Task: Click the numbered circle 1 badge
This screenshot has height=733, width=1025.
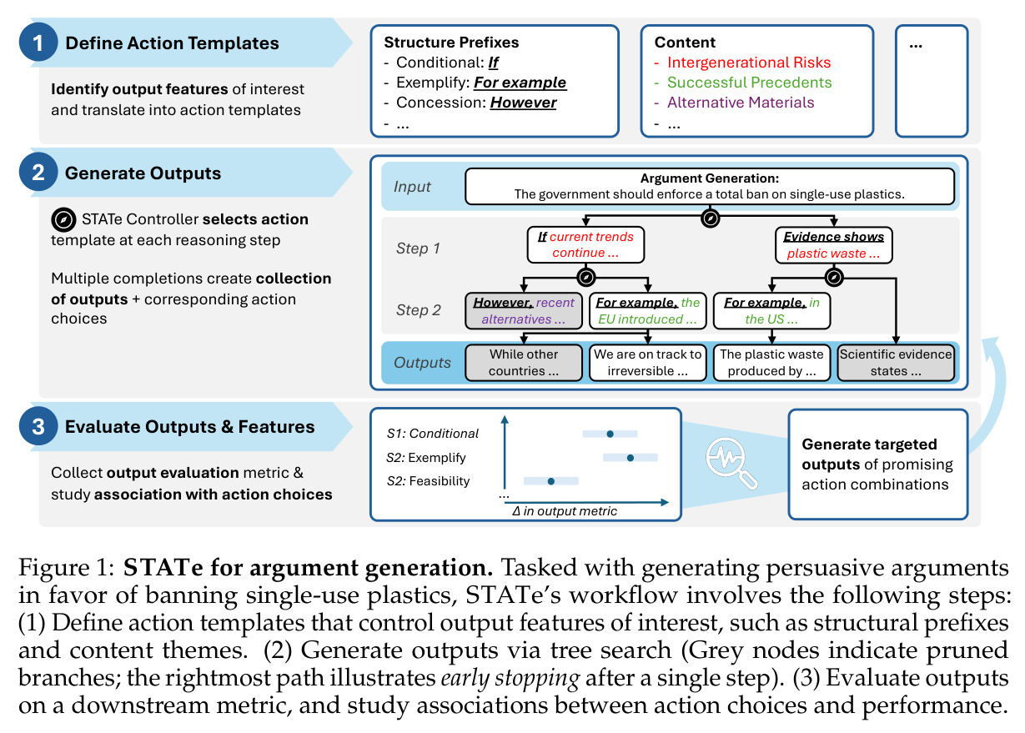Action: (x=38, y=42)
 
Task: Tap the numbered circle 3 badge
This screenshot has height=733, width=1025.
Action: (x=38, y=426)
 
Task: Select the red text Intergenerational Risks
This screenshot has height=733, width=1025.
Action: (x=749, y=63)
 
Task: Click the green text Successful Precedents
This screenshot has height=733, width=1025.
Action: (x=749, y=83)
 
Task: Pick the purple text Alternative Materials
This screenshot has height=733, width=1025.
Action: (x=741, y=103)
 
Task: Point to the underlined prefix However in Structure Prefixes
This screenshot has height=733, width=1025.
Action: (x=523, y=103)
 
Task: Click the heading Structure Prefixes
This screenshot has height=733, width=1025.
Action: (x=451, y=42)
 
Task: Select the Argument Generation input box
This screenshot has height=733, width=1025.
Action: (x=709, y=186)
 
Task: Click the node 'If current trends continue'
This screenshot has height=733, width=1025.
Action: (x=585, y=245)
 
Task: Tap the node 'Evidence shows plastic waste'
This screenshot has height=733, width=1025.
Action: (x=834, y=245)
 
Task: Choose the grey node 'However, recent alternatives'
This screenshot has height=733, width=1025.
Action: (x=524, y=311)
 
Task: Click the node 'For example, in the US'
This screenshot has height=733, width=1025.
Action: (x=771, y=311)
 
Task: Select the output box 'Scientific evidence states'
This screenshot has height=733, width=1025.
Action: (x=896, y=363)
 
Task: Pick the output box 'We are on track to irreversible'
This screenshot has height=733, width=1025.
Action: (x=647, y=363)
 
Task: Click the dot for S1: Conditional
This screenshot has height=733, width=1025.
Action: (x=610, y=434)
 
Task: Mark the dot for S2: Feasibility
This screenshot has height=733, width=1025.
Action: (x=551, y=481)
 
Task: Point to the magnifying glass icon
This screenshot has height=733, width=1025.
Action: (x=731, y=463)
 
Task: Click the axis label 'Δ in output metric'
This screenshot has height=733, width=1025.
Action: (x=564, y=510)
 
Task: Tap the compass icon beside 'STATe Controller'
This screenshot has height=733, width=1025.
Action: (x=63, y=219)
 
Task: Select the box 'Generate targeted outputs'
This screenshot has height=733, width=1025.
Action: (x=877, y=464)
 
